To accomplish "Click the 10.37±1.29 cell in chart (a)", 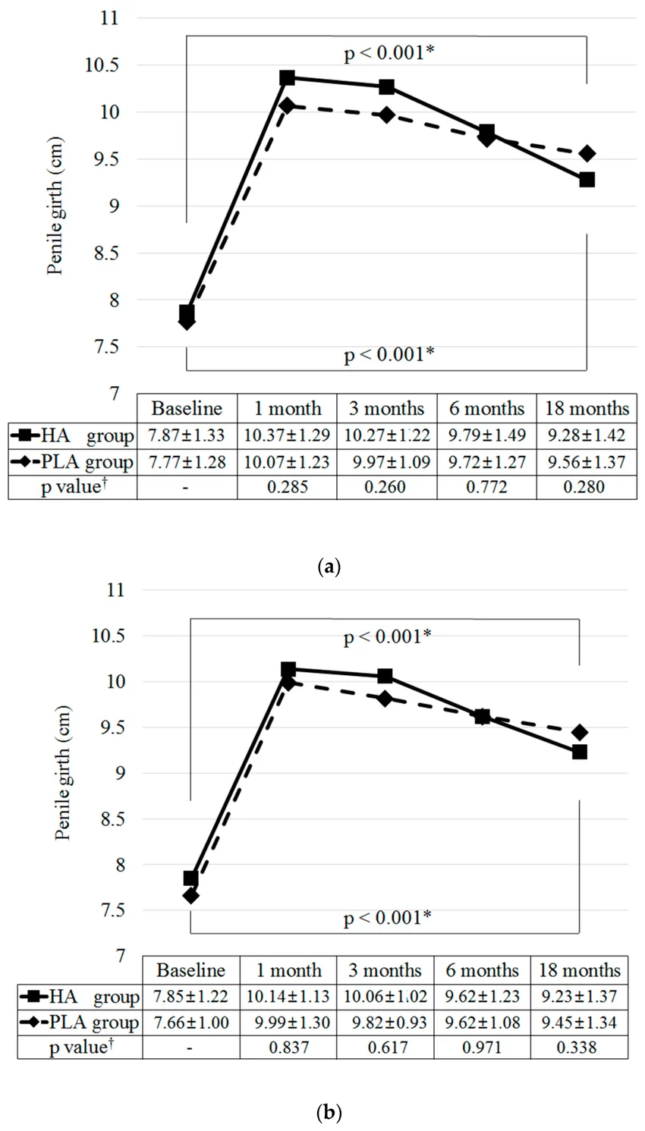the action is pos(287,435).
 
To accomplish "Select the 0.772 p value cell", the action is pos(487,487).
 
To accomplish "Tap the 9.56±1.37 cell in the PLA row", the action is pos(587,461).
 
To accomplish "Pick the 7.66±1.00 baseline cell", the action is pos(191,1023).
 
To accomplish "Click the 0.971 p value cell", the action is pos(482,1048).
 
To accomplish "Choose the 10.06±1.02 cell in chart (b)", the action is pos(385,996).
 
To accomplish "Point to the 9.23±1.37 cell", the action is pos(579,996).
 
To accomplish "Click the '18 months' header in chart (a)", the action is pos(587,408).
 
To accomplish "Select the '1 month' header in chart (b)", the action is pos(289,970).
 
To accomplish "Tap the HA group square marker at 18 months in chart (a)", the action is pos(587,180).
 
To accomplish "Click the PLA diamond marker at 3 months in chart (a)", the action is pos(387,115).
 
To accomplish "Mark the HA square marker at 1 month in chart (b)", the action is pos(288,670).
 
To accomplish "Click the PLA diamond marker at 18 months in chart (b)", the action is pos(580,732).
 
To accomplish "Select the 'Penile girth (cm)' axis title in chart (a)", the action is pos(55,206).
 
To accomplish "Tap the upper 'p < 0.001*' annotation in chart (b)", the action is pos(388,637).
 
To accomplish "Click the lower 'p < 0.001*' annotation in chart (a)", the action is pos(389,355).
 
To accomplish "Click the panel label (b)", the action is pos(329,1113).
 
